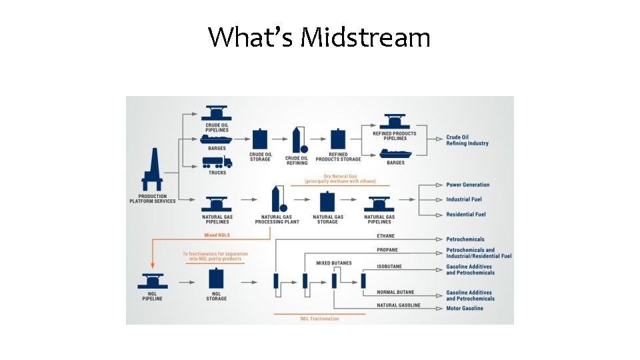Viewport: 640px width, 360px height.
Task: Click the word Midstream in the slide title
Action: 365,37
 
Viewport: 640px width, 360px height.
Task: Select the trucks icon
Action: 217,161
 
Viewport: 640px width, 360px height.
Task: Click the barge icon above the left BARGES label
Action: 217,139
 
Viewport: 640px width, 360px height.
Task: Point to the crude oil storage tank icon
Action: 260,140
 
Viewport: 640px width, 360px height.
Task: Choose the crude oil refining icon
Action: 297,140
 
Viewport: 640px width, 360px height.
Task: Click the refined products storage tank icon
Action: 338,139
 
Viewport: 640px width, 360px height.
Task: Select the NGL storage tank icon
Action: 217,281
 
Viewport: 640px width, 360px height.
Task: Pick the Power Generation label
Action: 467,185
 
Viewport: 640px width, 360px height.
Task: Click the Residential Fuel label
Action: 465,214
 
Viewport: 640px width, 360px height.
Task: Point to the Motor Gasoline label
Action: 465,309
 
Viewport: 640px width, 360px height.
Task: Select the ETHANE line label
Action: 385,235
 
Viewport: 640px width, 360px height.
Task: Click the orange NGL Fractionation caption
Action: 319,319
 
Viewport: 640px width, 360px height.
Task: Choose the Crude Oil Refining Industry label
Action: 467,140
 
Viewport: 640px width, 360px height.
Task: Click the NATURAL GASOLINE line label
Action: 399,305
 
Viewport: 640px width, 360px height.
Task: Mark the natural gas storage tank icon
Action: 327,201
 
